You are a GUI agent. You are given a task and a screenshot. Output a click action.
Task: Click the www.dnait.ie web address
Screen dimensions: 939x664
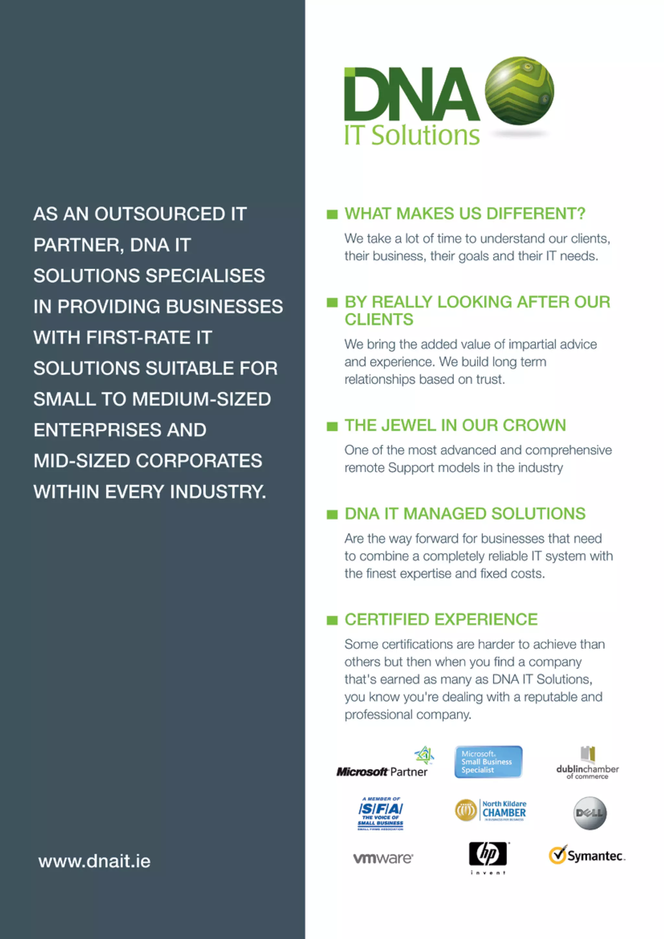click(94, 861)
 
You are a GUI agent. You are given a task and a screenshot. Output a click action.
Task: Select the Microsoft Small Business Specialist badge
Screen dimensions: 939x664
click(488, 762)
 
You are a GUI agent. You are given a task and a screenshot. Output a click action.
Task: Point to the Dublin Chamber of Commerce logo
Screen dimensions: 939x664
click(587, 763)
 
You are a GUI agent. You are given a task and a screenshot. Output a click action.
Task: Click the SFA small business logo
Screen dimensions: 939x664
click(380, 814)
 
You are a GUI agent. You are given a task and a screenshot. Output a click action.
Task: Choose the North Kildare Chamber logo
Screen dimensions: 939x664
click(491, 811)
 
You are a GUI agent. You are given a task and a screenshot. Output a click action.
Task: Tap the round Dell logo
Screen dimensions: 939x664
click(589, 813)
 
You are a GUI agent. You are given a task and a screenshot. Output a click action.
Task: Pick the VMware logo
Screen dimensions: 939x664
click(383, 858)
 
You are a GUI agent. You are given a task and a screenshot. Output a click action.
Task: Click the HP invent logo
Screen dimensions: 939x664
click(488, 857)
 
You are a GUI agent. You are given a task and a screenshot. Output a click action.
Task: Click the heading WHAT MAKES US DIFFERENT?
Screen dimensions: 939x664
click(465, 213)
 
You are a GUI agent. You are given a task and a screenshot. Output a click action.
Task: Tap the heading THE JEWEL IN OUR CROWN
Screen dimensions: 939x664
click(455, 425)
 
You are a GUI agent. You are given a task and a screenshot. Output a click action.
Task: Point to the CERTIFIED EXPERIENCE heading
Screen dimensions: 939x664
click(441, 619)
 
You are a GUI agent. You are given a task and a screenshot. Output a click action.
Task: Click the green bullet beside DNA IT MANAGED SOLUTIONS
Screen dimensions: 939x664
click(332, 515)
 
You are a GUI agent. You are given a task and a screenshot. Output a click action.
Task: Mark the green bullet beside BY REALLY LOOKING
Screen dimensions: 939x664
click(332, 303)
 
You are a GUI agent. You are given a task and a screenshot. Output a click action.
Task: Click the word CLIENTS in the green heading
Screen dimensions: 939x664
click(379, 319)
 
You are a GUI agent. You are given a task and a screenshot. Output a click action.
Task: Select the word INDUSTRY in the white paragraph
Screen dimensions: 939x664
click(218, 492)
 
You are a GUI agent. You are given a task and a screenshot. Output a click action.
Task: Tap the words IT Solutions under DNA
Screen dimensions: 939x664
click(412, 135)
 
